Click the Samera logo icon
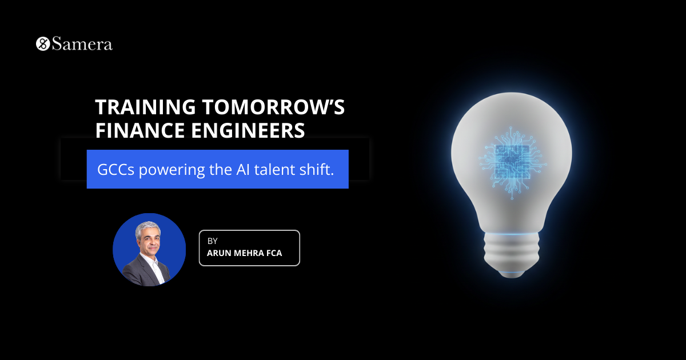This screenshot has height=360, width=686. pos(43,44)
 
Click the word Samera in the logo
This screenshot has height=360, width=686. pos(82,44)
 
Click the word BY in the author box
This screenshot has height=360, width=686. pos(213,241)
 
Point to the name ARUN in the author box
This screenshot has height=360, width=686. pos(219,253)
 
